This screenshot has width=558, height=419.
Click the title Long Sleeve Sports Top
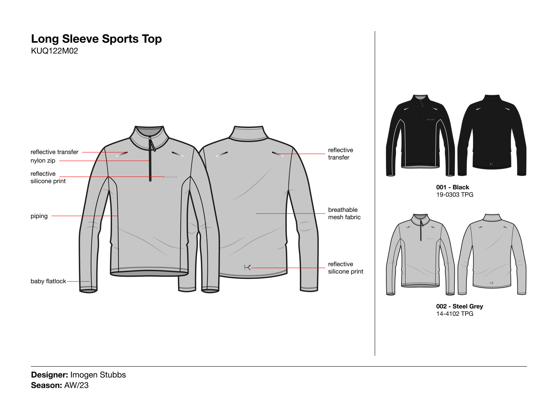point(96,39)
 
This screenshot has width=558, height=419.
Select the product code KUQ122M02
point(54,51)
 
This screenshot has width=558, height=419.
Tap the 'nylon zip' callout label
point(43,161)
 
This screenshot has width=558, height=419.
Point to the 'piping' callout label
point(39,216)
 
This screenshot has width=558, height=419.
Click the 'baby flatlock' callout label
point(48,281)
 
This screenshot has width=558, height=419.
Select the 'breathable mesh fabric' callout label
point(344,213)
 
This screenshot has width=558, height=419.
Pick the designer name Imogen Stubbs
point(98,375)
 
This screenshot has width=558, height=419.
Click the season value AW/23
point(77,385)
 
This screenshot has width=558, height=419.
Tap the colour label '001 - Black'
point(453,187)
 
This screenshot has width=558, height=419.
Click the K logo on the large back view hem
point(247,268)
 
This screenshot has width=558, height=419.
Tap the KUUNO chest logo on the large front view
point(170,177)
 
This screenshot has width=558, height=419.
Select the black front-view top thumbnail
point(420,135)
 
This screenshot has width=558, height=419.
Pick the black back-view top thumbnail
point(492,135)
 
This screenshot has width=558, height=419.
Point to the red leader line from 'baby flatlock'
point(79,281)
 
